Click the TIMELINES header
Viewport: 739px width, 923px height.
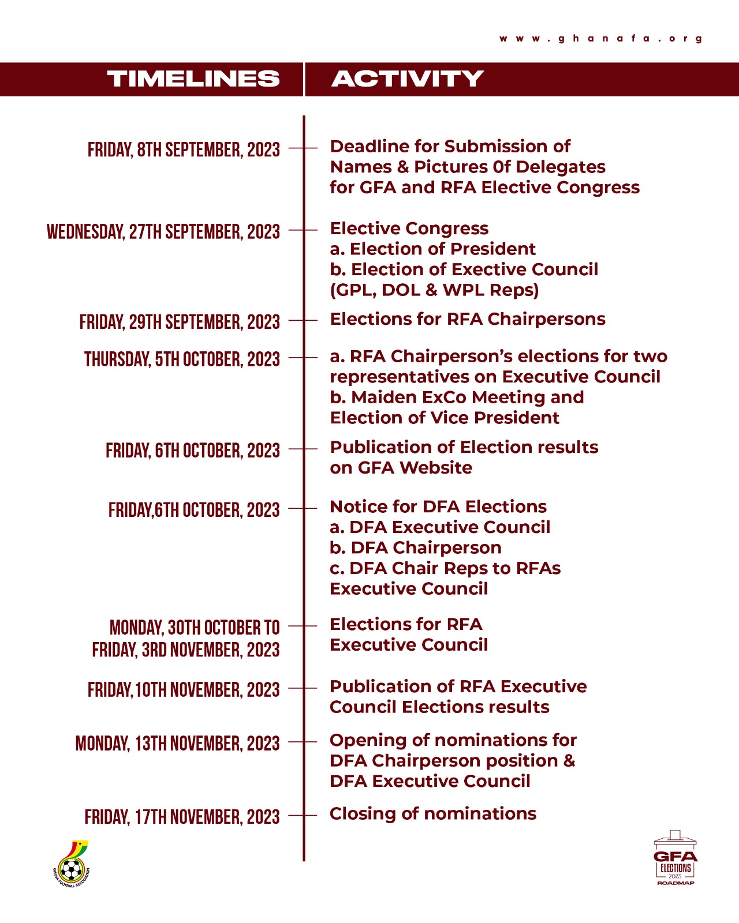193,79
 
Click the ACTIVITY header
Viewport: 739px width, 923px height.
407,79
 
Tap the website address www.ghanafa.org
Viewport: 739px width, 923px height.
601,39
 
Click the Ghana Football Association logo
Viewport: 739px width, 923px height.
72,864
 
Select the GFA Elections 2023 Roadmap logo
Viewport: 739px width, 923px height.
675,858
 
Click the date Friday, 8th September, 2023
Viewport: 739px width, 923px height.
184,150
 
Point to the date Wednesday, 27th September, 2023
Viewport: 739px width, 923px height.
163,232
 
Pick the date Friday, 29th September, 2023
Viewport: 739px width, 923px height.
180,322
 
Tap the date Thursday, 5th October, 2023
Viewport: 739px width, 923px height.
182,359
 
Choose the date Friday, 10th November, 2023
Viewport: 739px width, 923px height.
184,690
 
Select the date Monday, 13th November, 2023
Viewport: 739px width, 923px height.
177,744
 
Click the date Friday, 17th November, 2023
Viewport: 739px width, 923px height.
182,817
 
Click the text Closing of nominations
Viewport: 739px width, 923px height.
433,813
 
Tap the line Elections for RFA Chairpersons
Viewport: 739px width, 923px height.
468,319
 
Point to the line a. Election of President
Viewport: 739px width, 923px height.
433,249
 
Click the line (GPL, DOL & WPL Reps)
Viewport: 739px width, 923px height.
434,290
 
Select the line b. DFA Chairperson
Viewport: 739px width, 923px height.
416,547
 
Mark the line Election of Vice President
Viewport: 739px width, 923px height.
445,418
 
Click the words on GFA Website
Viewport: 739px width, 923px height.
401,467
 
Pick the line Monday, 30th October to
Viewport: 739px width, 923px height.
195,628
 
